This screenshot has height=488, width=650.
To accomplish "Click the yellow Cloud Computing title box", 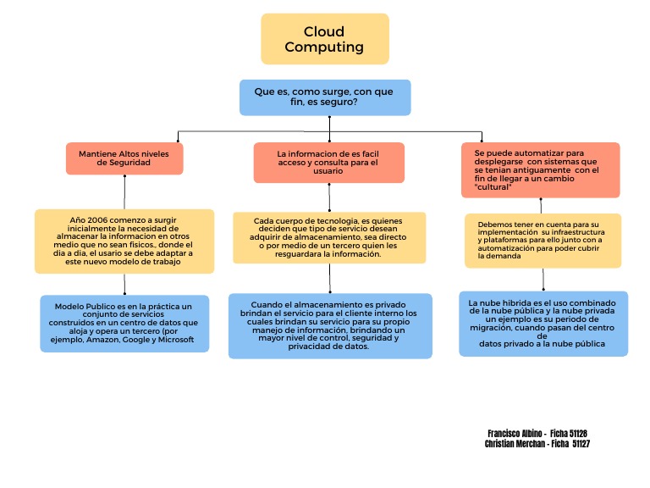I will (x=324, y=39).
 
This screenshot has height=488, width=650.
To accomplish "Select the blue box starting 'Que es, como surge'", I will (x=325, y=97).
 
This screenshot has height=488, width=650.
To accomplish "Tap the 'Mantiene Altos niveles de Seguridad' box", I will (x=124, y=158).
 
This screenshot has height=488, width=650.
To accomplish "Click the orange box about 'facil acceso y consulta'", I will (x=328, y=162).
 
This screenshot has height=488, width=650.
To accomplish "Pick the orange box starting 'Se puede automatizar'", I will (x=540, y=169).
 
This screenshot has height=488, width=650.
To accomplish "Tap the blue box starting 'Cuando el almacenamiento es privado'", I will (x=329, y=325).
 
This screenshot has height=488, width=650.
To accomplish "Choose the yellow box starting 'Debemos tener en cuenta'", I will (x=543, y=240).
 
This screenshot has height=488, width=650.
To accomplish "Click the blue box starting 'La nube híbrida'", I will (x=543, y=324).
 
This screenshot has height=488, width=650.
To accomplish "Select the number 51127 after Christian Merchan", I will (x=581, y=443).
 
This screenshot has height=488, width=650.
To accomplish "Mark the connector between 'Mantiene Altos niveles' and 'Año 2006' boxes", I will (x=124, y=191).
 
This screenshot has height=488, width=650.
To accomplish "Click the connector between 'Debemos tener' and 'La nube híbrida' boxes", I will (x=543, y=280).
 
